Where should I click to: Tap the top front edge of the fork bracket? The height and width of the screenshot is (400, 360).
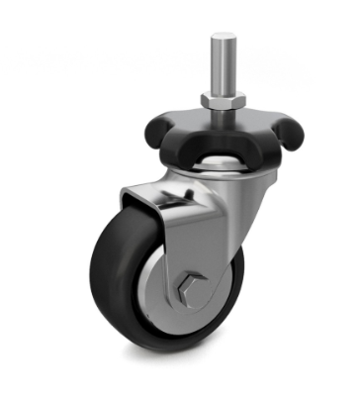[x=148, y=195]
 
